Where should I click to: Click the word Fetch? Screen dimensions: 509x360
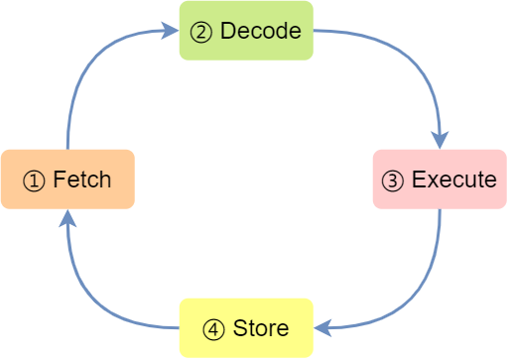click(82, 180)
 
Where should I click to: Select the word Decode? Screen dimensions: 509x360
click(261, 31)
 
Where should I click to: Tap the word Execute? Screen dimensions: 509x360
click(454, 180)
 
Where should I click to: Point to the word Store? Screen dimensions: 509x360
click(261, 328)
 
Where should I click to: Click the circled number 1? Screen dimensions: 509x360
click(34, 180)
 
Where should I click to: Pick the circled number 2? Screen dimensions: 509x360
click(200, 32)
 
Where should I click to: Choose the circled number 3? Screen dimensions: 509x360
click(393, 180)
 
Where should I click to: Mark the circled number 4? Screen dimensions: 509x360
click(213, 329)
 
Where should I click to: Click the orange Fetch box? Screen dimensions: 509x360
click(67, 180)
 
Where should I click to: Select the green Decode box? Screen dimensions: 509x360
click(246, 31)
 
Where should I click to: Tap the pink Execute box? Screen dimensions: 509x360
click(440, 180)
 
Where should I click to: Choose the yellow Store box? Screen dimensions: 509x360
click(246, 328)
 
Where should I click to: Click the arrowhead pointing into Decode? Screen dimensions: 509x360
click(171, 31)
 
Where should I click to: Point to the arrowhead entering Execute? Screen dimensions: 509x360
click(440, 140)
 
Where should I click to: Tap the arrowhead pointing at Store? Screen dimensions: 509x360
click(322, 328)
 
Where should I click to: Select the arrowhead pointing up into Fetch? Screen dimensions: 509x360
click(67, 218)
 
